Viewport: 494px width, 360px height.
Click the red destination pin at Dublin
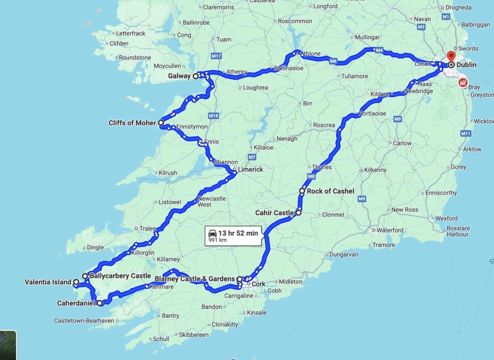point(451,56)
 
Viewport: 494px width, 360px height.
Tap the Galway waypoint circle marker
point(196,76)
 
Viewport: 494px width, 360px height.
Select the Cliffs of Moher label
point(132,123)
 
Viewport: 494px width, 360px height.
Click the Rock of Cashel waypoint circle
point(302,191)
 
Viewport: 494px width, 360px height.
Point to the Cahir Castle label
point(274,213)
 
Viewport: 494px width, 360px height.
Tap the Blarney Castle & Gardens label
point(194,279)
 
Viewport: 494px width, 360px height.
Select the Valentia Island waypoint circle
point(76,282)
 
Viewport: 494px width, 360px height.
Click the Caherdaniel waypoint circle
point(99,304)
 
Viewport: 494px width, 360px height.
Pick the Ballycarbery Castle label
point(120,276)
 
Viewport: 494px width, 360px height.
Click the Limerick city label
point(250,170)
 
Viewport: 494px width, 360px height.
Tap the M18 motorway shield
point(214,116)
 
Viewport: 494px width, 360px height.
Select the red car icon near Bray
point(463,83)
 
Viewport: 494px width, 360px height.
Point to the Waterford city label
point(390,230)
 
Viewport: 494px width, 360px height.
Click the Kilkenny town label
point(375,170)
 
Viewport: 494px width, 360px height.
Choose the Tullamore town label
point(355,76)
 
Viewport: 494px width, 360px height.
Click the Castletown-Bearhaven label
point(84,321)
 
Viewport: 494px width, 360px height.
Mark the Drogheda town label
point(458,7)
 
